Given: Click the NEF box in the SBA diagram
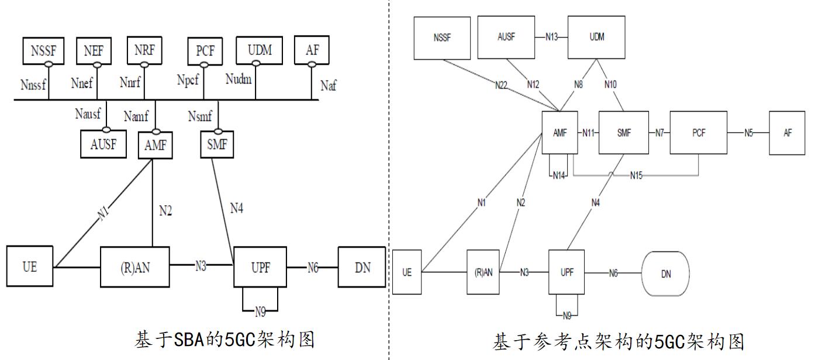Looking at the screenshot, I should [94, 50].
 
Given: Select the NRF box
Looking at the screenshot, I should [143, 50].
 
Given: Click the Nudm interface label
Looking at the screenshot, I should [238, 79].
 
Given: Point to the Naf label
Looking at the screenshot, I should [329, 86].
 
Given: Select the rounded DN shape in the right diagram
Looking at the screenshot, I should [665, 274].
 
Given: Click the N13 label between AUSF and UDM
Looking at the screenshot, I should [552, 37].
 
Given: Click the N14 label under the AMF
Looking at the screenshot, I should [559, 175].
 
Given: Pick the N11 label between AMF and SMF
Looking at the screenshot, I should [589, 133].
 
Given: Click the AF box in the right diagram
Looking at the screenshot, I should [788, 133].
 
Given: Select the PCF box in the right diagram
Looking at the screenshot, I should [699, 133].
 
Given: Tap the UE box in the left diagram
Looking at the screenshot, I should [30, 267].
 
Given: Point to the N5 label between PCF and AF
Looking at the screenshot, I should [748, 133].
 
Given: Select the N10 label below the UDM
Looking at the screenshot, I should [610, 84].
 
